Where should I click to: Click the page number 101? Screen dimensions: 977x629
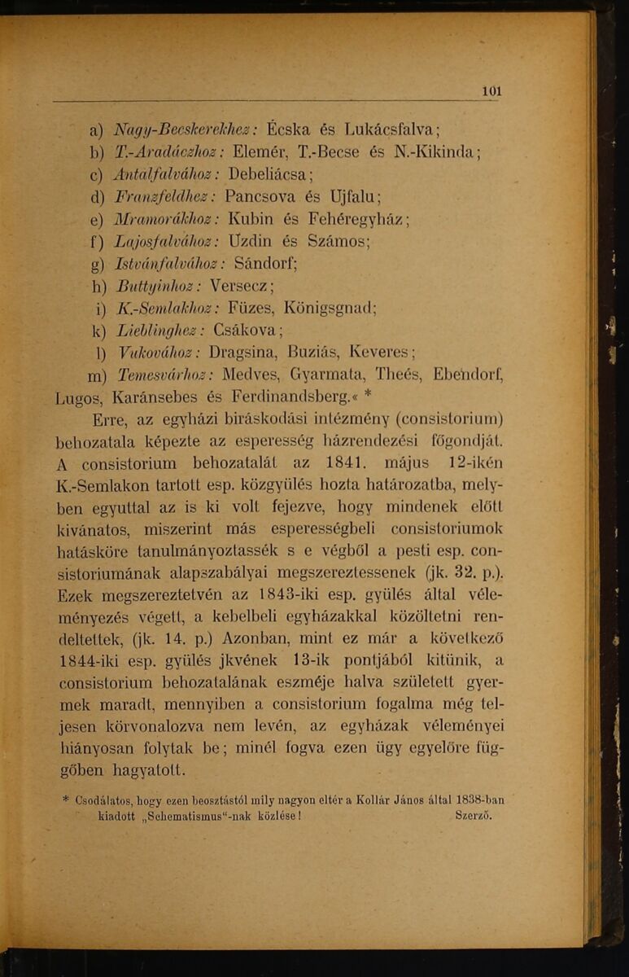click(x=491, y=91)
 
